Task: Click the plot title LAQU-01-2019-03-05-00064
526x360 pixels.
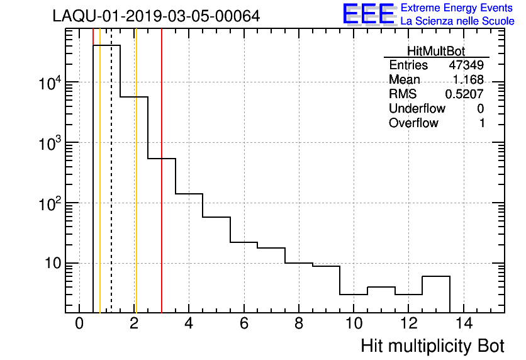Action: point(156,16)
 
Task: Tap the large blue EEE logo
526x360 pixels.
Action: point(369,14)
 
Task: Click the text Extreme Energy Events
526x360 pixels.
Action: point(457,8)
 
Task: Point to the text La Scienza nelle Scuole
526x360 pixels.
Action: point(457,21)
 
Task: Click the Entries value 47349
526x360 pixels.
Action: point(466,65)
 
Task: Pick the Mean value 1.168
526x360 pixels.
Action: point(468,80)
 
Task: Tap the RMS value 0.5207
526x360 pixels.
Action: point(464,94)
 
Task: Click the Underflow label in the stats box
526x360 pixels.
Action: point(417,109)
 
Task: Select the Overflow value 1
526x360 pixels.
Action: point(482,123)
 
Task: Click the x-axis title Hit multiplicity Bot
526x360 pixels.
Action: point(432,346)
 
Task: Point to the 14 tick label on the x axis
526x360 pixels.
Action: point(464,325)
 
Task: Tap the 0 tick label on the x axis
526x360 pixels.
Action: point(79,325)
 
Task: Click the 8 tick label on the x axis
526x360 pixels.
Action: point(299,325)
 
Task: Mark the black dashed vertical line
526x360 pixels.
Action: point(111,189)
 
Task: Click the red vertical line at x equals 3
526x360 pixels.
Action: point(162,189)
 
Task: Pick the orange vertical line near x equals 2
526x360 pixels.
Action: point(135,189)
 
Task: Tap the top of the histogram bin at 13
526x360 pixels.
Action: point(436,276)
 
